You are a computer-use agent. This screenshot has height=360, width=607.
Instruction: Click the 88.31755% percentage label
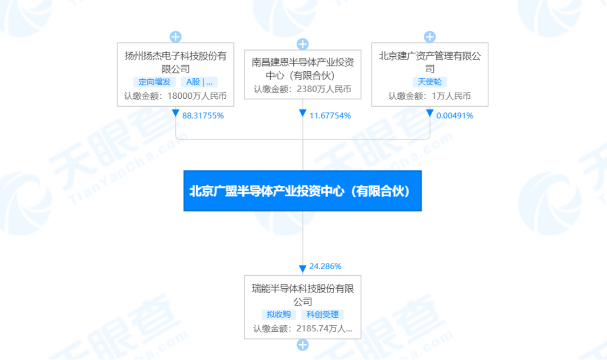pos(203,116)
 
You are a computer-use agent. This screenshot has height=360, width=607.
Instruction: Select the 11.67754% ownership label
pos(330,116)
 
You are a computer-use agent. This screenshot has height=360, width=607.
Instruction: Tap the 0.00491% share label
pos(455,116)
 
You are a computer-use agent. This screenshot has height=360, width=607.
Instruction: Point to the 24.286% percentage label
pos(325,266)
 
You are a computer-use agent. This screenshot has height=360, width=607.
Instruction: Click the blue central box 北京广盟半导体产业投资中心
pos(302,191)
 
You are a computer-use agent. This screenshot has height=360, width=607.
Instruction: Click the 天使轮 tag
pos(429,82)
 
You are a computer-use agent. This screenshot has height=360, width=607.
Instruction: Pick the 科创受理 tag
pos(323,315)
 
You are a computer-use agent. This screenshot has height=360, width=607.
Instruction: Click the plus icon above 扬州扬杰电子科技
pos(175,37)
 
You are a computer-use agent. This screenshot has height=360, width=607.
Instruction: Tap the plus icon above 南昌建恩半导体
pos(302,44)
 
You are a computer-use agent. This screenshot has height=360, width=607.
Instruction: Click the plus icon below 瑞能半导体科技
pos(302,345)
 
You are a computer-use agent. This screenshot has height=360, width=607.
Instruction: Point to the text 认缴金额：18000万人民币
pos(175,96)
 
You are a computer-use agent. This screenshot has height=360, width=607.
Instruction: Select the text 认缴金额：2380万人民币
pos(302,89)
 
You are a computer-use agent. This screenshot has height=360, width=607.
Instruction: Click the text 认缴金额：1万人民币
pos(429,96)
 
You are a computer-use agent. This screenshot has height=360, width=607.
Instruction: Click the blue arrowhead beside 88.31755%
pos(176,113)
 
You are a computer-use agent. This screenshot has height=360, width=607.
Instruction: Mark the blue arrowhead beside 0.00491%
pos(430,113)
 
